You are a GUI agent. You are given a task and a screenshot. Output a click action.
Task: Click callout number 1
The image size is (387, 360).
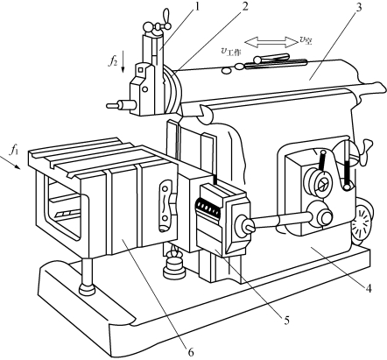(197, 6)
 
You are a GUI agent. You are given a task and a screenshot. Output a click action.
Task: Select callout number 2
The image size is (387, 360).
(244, 6)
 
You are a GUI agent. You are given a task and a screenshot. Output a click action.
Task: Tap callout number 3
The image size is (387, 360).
(358, 7)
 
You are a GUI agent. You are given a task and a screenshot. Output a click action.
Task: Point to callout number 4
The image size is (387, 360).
(369, 288)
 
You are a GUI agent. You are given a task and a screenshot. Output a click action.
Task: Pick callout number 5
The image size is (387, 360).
(286, 321)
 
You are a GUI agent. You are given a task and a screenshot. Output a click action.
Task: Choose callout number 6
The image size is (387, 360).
(190, 352)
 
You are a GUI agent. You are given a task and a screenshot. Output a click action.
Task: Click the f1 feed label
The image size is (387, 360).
(14, 150)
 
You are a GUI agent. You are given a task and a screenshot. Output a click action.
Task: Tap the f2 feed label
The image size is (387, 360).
(114, 61)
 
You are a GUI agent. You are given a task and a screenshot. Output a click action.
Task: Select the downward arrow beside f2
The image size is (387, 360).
(123, 61)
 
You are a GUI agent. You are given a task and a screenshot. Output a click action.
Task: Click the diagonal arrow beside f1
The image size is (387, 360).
(11, 162)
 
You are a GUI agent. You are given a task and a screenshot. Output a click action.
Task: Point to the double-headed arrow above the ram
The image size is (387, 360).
(270, 42)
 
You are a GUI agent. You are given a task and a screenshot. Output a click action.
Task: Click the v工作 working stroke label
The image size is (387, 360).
(230, 53)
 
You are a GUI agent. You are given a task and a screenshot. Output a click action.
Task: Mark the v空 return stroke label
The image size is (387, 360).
(306, 40)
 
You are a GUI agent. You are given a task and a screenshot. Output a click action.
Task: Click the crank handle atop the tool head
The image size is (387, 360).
(159, 25)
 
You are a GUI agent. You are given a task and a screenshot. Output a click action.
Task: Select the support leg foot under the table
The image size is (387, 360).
(88, 290)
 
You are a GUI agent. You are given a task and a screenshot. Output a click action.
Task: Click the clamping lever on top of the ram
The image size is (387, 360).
(271, 58)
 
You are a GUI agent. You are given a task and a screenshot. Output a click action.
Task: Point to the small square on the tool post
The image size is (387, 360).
(141, 70)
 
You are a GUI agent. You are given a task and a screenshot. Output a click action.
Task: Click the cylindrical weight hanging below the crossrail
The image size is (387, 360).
(174, 267)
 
